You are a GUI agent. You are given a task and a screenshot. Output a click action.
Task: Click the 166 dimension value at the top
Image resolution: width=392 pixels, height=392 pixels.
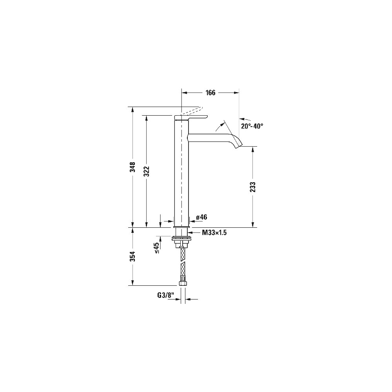tap(210, 93)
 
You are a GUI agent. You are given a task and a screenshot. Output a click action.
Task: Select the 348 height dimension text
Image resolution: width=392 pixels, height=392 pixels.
tap(133, 167)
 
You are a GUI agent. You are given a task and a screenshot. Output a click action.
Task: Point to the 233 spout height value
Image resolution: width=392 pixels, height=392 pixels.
tap(253, 187)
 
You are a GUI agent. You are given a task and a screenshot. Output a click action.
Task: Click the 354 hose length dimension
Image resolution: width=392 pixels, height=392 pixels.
tap(133, 256)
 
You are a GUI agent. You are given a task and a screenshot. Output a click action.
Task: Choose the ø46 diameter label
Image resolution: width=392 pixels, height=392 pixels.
tap(201, 217)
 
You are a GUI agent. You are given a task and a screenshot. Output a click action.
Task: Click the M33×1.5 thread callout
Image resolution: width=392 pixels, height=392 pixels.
tap(214, 233)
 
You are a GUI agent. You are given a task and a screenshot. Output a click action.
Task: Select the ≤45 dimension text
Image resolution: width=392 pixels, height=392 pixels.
tap(157, 248)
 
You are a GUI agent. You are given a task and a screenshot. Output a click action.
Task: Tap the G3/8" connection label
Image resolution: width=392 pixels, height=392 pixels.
tap(165, 295)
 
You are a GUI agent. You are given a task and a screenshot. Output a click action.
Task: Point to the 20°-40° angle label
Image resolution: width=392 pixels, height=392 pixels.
tap(252, 126)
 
